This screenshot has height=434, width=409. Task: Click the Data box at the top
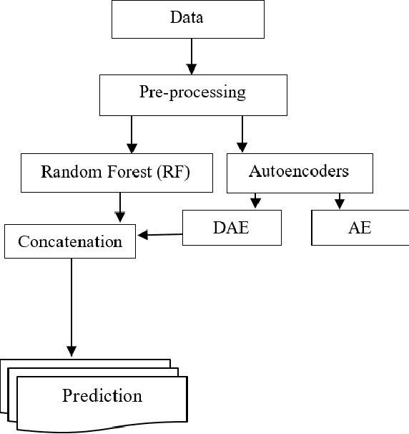187,19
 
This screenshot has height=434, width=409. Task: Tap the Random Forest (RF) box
117,173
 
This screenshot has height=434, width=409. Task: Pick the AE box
360,228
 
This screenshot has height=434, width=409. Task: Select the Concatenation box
70,241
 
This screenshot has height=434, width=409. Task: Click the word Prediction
102,395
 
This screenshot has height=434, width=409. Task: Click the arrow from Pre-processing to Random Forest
131,132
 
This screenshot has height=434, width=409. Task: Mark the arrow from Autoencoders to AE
340,201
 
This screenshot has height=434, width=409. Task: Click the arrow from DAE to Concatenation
161,234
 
